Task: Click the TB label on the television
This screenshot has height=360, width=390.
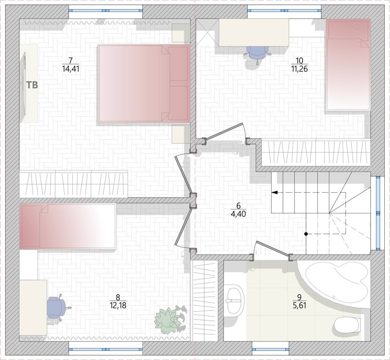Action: pos(32,85)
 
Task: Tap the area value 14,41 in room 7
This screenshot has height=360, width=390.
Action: pos(71,69)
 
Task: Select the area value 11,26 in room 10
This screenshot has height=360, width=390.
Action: pos(299,69)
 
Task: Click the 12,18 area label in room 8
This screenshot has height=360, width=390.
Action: pos(118,305)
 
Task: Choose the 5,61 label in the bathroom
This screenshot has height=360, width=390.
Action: pos(299,305)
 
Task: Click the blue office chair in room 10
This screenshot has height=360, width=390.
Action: pos(257,54)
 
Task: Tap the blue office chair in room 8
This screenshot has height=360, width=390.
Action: pos(57,307)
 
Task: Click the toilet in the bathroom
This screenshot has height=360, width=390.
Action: pos(347,325)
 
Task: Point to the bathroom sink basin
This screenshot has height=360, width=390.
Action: pos(234,300)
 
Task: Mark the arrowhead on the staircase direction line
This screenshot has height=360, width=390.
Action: pos(274,192)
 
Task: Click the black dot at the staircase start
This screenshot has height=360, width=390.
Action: pos(306,234)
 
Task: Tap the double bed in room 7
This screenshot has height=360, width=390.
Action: pos(143,83)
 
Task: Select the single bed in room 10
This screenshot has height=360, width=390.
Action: pos(348,64)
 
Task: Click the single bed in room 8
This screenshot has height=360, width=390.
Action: pos(68,226)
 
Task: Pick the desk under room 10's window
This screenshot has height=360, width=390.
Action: pos(254,32)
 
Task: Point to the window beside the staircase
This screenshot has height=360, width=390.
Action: pos(378,213)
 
